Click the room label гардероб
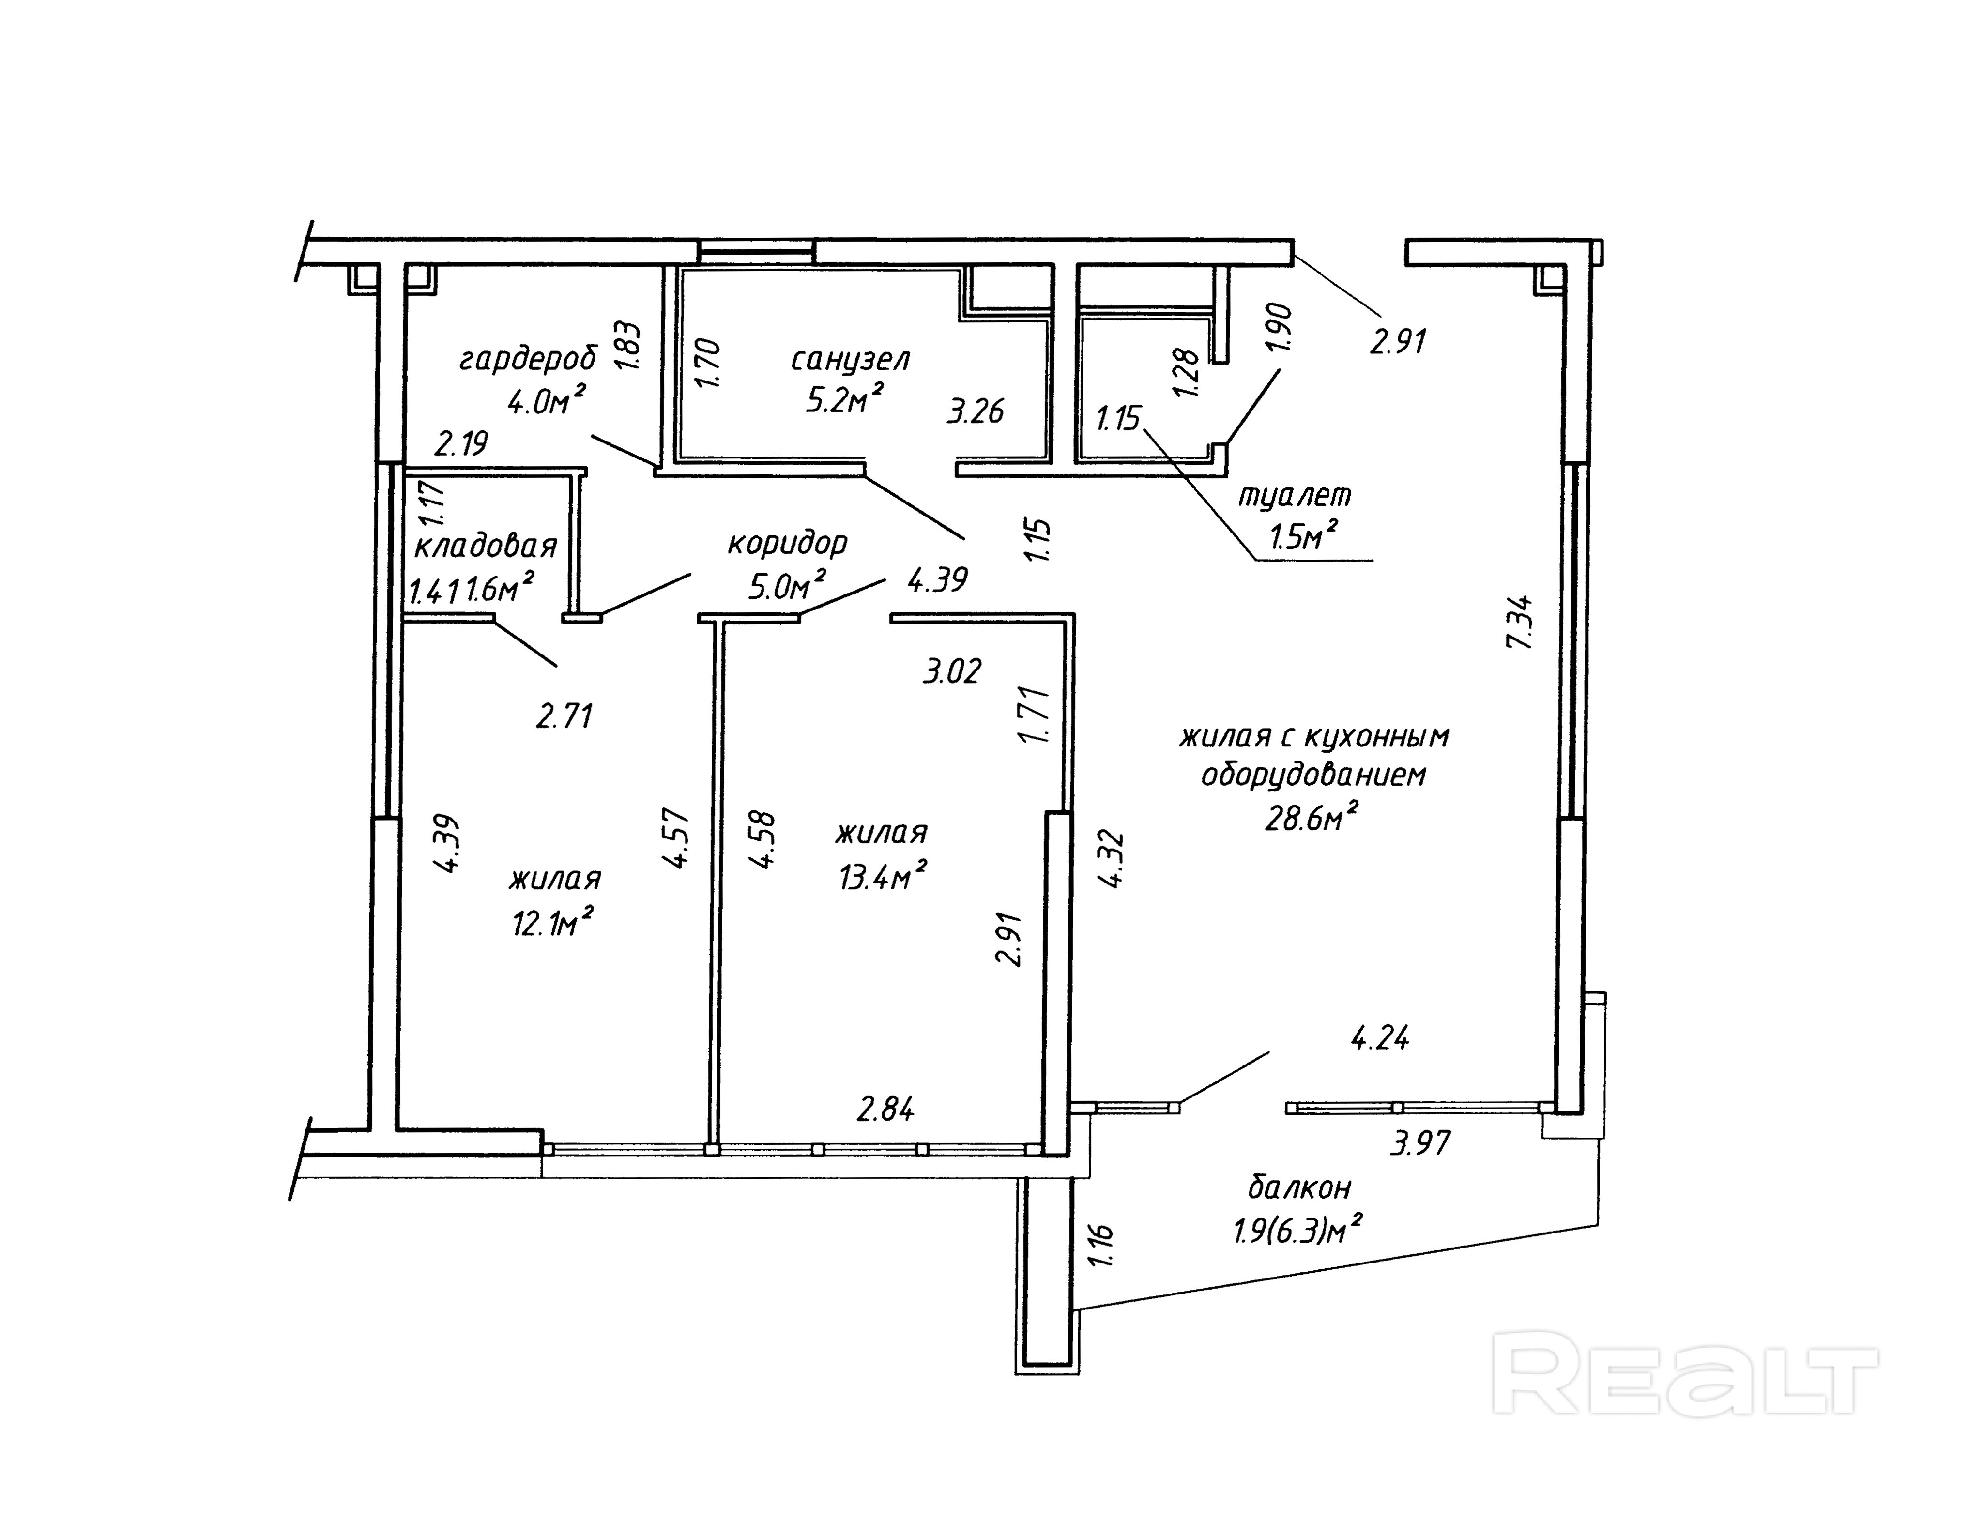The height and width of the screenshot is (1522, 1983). coord(528,360)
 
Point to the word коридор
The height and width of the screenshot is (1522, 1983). coord(787,544)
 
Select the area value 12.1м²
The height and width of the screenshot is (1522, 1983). coord(552,923)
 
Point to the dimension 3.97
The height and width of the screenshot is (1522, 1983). coord(1420,1143)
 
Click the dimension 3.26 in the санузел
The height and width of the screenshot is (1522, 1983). coord(976,411)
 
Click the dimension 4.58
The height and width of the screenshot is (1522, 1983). coord(763,839)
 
